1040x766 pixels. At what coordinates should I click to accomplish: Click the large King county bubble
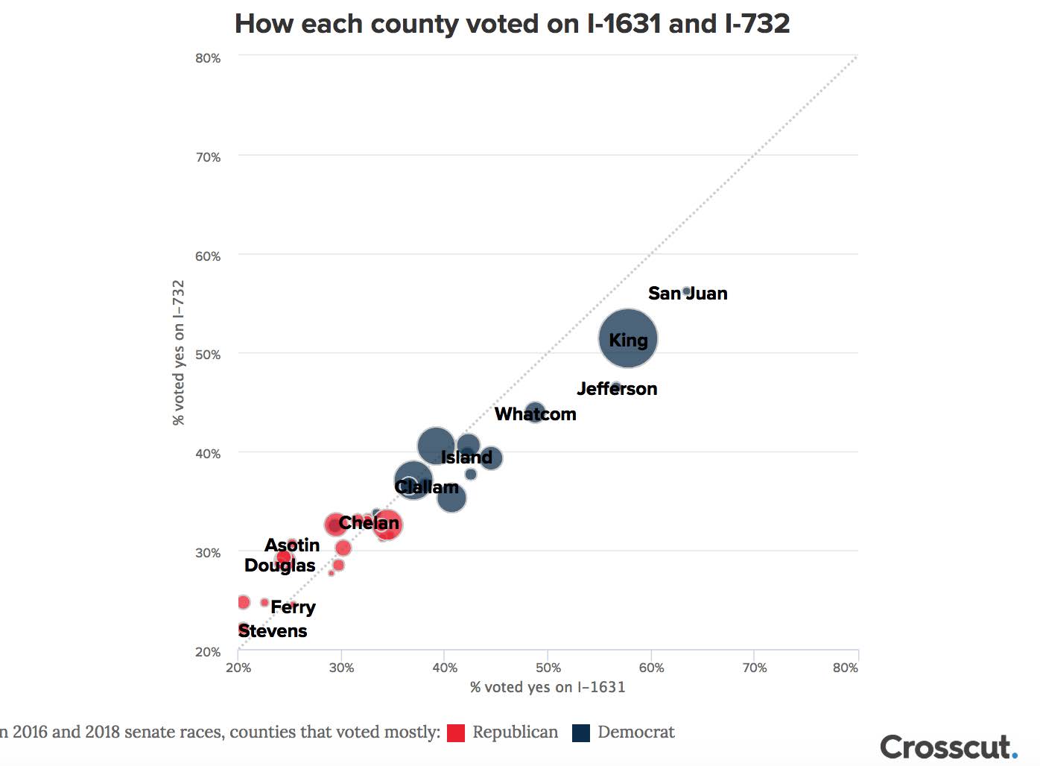628,338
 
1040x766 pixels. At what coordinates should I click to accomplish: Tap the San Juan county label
688,294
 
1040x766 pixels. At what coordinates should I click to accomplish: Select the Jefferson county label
617,389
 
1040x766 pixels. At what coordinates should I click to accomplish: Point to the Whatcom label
535,414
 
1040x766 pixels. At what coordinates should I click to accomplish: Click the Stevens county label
273,631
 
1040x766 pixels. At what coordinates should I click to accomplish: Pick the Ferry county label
293,607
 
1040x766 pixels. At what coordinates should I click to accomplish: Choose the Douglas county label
279,566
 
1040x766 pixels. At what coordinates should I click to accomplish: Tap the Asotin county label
292,545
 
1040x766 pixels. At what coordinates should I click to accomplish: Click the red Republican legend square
456,732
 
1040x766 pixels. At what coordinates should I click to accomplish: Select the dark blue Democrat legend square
581,732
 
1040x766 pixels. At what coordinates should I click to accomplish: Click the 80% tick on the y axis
208,58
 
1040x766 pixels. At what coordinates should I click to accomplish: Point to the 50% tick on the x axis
548,668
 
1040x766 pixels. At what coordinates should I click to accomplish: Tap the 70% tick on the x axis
754,668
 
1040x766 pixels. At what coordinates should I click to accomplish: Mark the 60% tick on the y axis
208,256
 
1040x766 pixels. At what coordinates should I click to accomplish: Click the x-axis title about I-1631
548,687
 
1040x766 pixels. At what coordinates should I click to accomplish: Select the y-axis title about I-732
179,352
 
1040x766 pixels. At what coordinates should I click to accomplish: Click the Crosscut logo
948,747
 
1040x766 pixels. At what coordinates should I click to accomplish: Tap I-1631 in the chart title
624,24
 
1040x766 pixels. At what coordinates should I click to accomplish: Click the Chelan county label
369,523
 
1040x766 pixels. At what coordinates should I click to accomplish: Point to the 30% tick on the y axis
208,553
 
